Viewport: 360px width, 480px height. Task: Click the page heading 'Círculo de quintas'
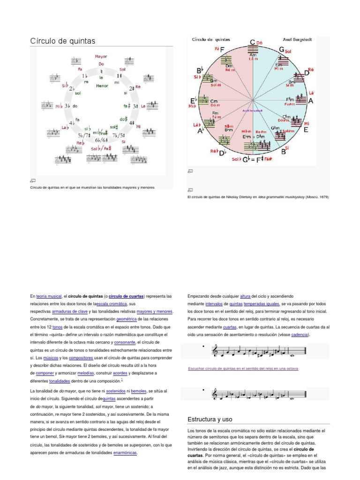coord(62,41)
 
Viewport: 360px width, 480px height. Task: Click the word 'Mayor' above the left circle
coord(101,56)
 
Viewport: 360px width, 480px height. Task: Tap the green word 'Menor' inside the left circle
coord(102,86)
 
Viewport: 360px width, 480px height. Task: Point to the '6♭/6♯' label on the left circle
coord(102,140)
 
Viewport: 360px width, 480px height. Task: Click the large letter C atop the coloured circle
coord(252,43)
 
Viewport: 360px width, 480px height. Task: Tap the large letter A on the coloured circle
coord(310,101)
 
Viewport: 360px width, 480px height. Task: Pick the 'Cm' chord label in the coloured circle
coord(214,101)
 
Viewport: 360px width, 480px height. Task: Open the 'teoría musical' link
coord(48,296)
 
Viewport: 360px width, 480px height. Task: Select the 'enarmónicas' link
coord(125,453)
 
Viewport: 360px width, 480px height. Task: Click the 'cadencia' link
coord(300,335)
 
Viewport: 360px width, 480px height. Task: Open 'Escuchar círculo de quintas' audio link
coord(242,368)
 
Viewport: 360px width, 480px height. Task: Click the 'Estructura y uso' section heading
coord(210,419)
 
